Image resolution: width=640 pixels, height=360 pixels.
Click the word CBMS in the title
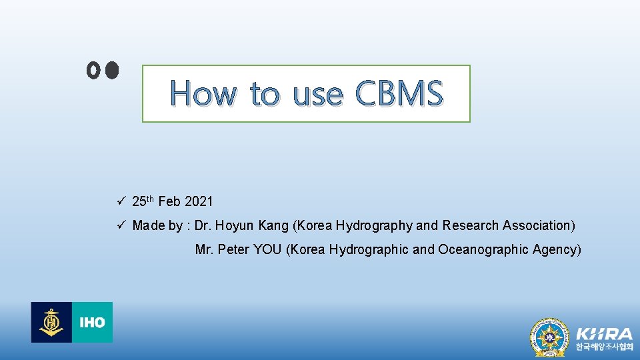(x=399, y=93)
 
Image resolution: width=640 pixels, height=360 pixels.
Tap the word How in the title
(x=203, y=93)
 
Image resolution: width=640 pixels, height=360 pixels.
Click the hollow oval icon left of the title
(x=93, y=70)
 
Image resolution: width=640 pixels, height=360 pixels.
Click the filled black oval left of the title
(x=111, y=69)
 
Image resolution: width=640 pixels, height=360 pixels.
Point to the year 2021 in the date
(x=199, y=201)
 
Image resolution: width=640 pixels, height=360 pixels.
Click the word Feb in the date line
(x=169, y=201)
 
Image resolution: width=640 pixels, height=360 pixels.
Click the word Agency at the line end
(x=559, y=249)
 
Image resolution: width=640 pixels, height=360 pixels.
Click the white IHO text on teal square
(x=92, y=323)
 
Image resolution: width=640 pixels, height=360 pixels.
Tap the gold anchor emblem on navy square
(x=51, y=323)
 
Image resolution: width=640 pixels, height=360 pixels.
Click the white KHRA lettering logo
(x=604, y=333)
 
